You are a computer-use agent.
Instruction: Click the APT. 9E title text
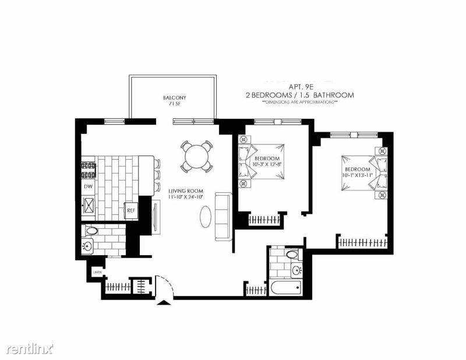[x=300, y=86]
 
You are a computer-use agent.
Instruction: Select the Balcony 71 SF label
[x=175, y=101]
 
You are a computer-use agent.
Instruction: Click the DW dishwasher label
[x=88, y=186]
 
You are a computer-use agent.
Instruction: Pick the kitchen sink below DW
[x=89, y=205]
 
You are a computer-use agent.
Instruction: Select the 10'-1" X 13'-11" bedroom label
[x=357, y=172]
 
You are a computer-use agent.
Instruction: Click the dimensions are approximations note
[x=300, y=102]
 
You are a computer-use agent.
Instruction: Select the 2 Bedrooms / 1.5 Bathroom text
[x=300, y=94]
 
